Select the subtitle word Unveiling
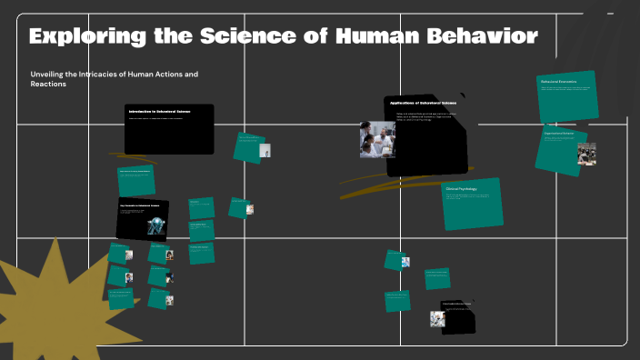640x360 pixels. point(50,73)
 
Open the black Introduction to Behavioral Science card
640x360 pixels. point(169,129)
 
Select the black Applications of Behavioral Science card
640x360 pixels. point(427,136)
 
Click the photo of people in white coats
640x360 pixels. point(377,140)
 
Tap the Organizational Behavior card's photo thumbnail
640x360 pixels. point(586,154)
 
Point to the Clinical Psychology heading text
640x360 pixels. point(462,189)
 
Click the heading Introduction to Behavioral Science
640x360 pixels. point(160,111)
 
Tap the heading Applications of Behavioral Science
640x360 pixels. point(423,104)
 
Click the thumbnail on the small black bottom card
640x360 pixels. point(437,318)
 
